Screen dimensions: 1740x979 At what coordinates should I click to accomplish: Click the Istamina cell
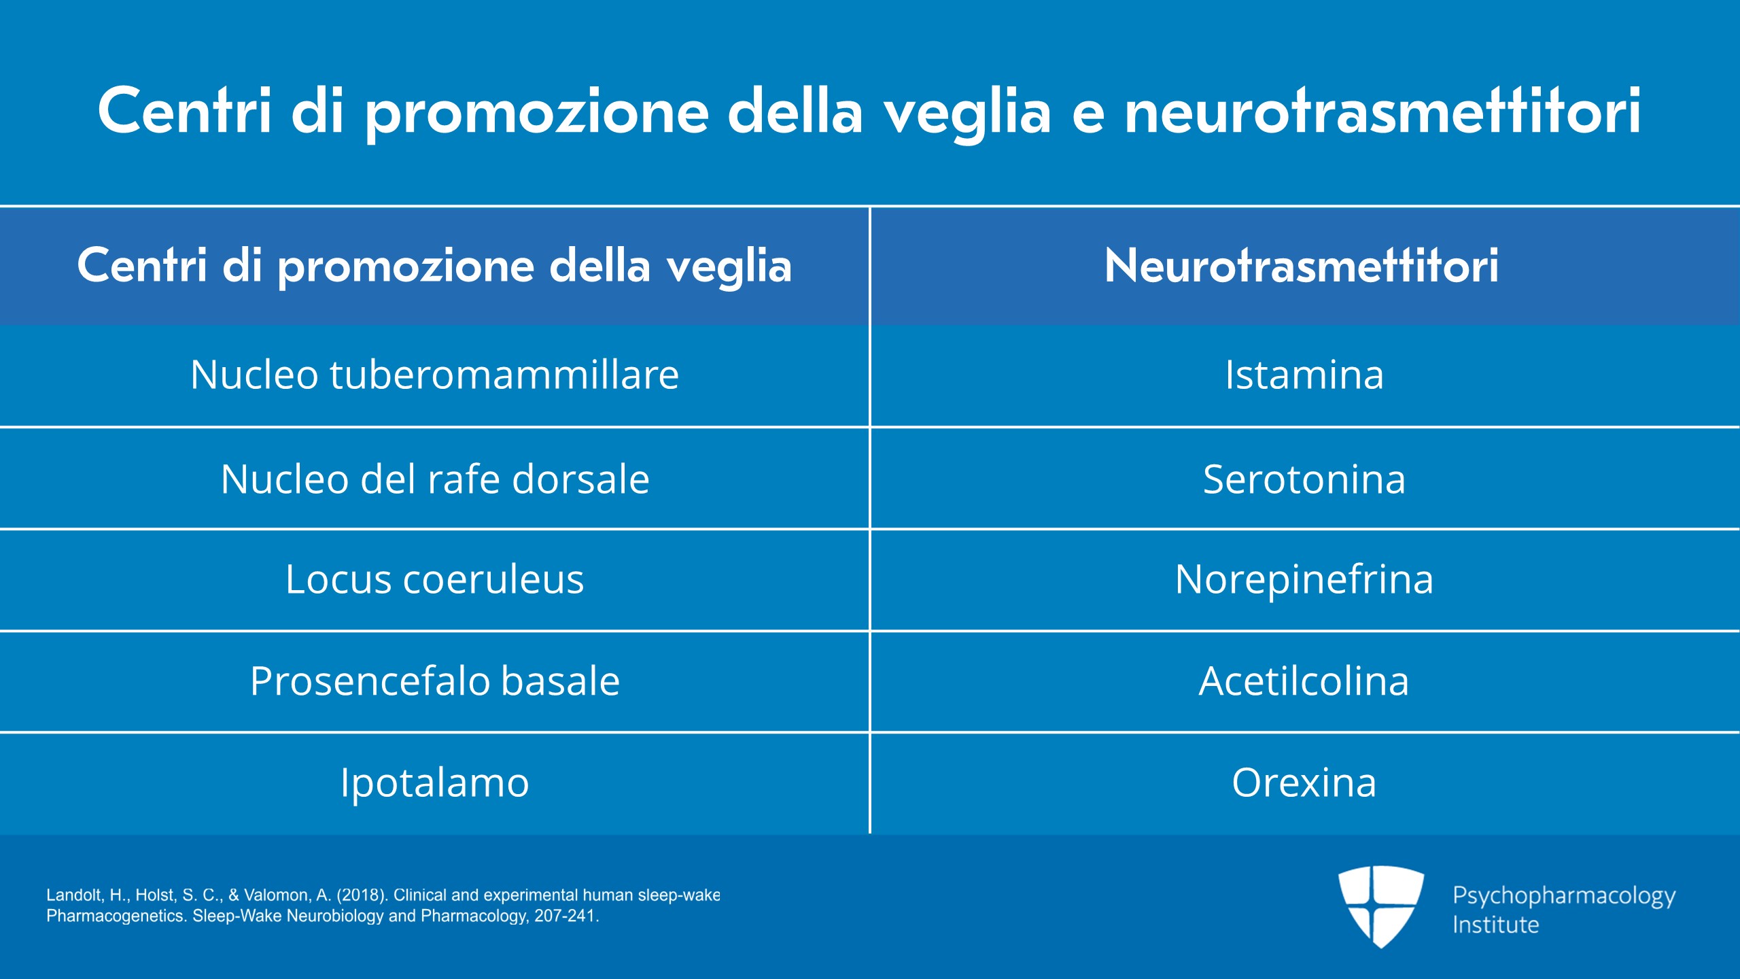(1304, 376)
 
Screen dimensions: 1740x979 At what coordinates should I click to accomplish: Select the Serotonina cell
(1304, 479)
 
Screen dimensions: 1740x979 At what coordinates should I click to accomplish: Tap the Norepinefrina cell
(1304, 580)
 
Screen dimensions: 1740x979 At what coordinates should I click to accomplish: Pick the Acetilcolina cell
(1304, 682)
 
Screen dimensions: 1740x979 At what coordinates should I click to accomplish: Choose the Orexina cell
(1304, 783)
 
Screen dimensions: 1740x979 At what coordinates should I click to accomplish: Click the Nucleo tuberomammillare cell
(434, 376)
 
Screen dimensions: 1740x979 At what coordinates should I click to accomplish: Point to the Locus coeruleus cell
(434, 580)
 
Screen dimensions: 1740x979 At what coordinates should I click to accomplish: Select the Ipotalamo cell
(434, 783)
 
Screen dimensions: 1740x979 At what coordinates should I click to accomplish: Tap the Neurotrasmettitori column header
(1304, 266)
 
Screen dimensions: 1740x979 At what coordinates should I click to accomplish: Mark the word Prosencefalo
(369, 681)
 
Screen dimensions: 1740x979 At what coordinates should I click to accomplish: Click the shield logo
(1380, 906)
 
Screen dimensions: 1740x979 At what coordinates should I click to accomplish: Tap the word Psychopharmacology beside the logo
(1564, 897)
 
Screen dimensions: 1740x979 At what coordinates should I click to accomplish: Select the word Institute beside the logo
(1495, 925)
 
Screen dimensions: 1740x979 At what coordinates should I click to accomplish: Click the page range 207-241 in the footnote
(565, 916)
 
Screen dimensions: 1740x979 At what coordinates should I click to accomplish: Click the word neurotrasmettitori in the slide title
(1382, 111)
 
